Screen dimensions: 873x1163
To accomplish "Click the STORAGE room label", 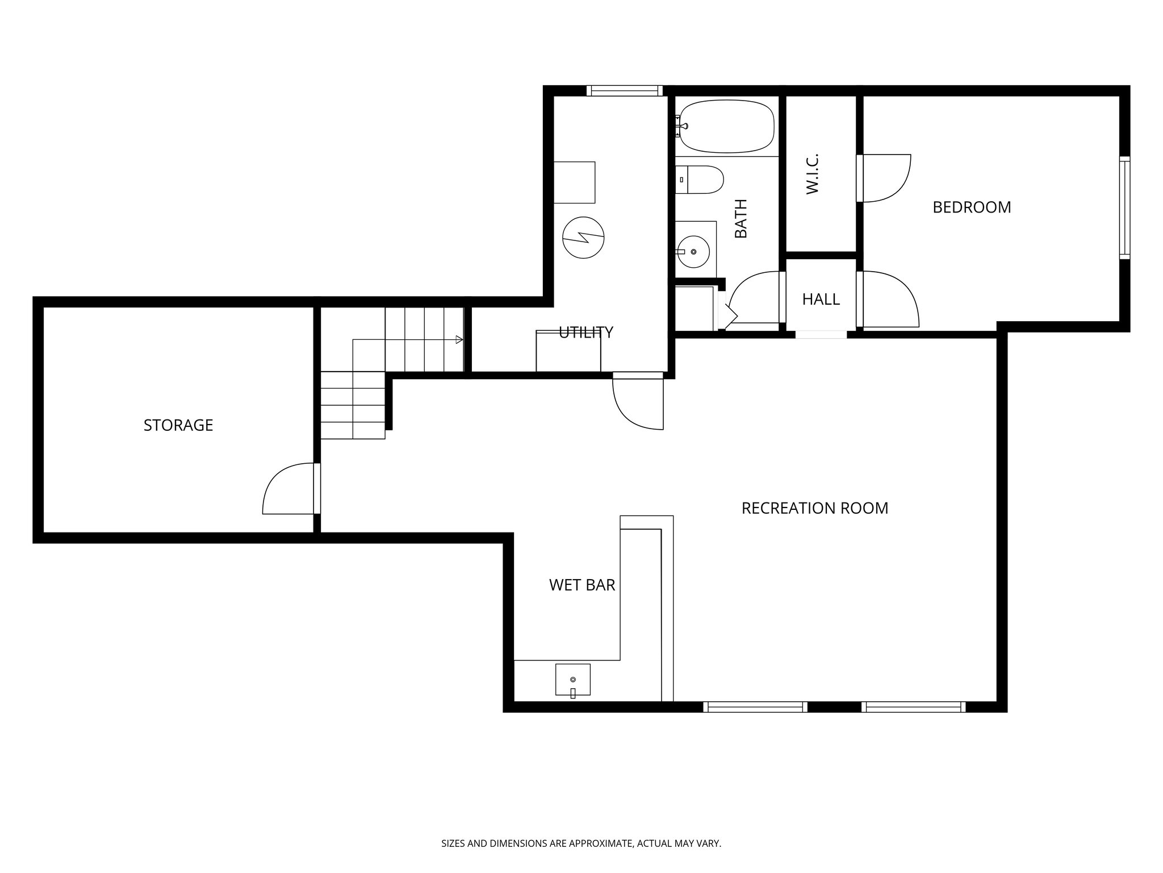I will point(178,425).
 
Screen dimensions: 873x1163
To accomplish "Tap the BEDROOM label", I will point(972,207).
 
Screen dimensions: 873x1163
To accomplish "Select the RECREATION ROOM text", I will point(814,508).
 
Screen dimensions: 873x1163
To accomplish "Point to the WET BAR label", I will point(582,585).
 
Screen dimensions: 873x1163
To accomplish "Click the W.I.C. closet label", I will point(812,174).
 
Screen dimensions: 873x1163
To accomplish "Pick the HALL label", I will point(821,300).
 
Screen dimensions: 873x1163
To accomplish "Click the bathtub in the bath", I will point(727,126).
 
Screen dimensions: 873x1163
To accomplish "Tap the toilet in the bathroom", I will point(702,180).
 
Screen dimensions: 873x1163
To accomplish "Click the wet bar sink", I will point(572,680).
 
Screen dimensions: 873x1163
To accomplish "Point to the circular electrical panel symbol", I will point(583,238).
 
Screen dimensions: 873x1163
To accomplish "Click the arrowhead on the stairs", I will point(459,340).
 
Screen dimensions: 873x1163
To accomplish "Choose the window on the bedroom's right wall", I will point(1124,207).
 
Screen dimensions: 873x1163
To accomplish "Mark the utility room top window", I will point(624,90).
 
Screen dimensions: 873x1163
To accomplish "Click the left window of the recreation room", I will point(755,706).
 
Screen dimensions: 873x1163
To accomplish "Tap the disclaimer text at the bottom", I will point(581,843).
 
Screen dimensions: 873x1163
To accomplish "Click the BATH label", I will point(741,219).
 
